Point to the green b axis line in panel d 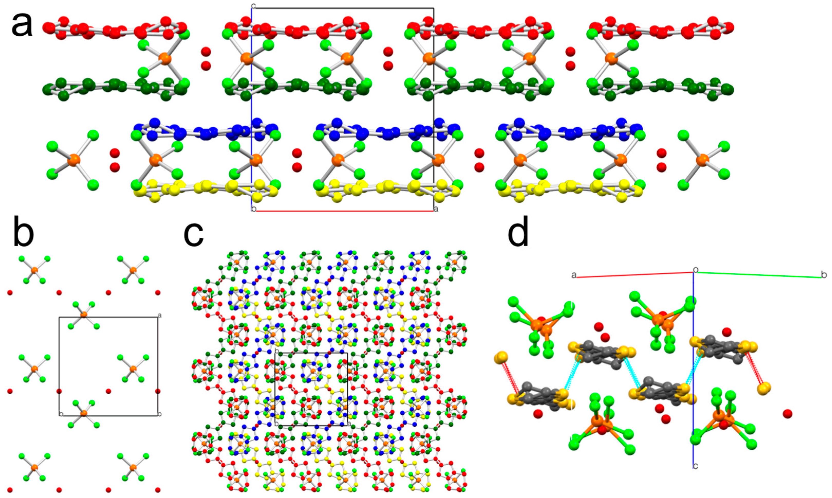pos(758,275)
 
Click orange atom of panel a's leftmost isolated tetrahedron pos(72,161)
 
